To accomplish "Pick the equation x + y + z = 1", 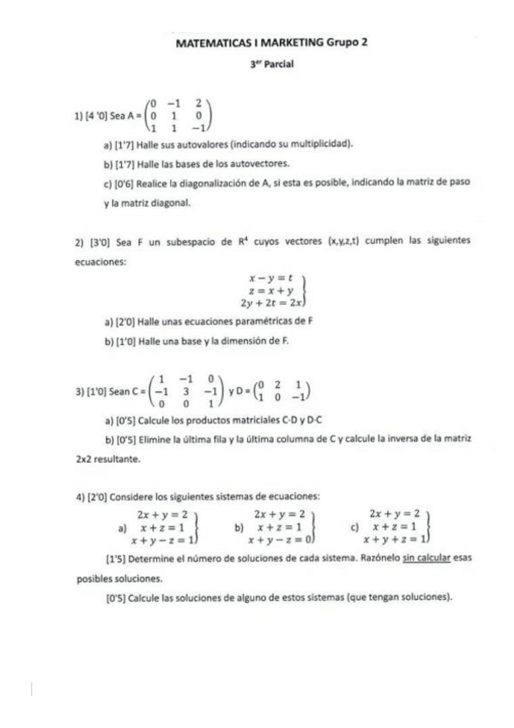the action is click(x=394, y=540).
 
